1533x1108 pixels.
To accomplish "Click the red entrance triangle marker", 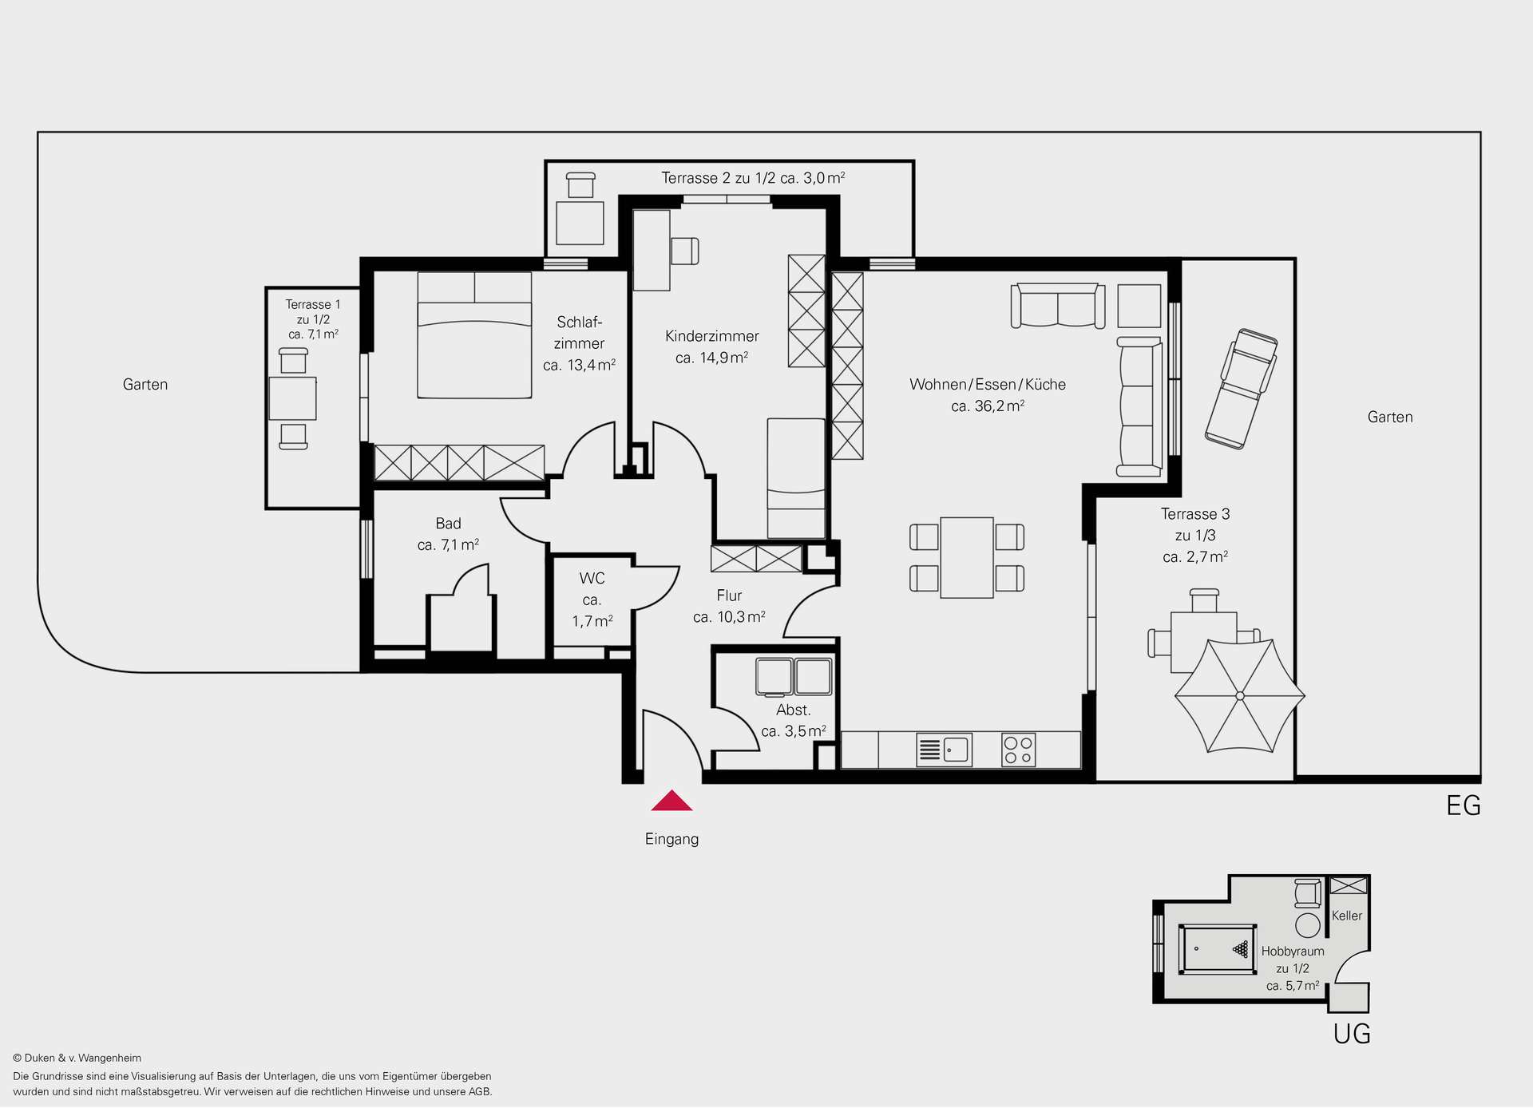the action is click(x=671, y=801).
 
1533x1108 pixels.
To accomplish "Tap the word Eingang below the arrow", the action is click(x=671, y=839).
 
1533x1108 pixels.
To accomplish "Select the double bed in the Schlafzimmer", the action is click(x=474, y=335).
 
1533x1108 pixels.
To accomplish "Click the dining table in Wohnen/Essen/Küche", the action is click(x=967, y=557).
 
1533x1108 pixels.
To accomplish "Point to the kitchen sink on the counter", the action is click(x=945, y=750).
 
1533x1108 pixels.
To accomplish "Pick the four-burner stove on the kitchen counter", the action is click(x=1018, y=750).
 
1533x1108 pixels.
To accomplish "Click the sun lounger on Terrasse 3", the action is click(x=1241, y=389).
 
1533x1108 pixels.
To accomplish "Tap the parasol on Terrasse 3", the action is click(x=1240, y=696).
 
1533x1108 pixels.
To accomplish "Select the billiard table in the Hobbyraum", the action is click(x=1218, y=949).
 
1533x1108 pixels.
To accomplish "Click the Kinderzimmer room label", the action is click(x=711, y=336).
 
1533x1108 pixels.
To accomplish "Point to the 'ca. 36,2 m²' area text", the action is click(x=988, y=406).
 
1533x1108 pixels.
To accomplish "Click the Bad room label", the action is click(x=448, y=524).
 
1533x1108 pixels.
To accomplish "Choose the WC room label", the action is click(x=592, y=578).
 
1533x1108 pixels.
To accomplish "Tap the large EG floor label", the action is click(x=1464, y=805).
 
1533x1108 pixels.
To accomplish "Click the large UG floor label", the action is click(x=1352, y=1034).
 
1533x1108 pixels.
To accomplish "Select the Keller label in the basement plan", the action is click(x=1347, y=916).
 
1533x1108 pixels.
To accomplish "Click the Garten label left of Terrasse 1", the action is click(x=145, y=385).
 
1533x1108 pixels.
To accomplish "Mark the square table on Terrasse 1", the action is click(x=292, y=398).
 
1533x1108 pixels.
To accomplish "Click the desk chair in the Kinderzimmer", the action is click(x=685, y=251).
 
